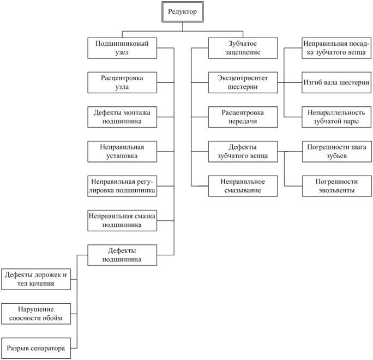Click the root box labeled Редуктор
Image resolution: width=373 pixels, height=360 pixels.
click(x=183, y=12)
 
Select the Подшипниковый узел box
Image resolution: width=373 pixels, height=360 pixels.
click(x=122, y=48)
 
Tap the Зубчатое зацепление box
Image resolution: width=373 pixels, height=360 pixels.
click(x=243, y=48)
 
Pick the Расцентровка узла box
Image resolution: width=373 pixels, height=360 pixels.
click(x=122, y=82)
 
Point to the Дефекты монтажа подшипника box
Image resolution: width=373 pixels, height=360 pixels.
click(x=122, y=117)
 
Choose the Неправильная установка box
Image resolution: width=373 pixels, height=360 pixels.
click(x=122, y=152)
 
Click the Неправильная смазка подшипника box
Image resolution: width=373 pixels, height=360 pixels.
click(x=122, y=220)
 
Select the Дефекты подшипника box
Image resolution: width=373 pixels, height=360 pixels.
click(x=122, y=255)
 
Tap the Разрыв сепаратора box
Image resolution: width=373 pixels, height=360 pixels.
click(x=36, y=348)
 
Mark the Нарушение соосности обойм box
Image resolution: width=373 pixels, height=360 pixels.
click(x=36, y=314)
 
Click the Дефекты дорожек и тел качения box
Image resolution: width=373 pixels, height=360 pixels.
click(x=36, y=279)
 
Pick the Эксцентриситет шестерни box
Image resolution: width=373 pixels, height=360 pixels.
click(x=243, y=82)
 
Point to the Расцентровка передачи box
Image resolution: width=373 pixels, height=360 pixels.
click(x=243, y=117)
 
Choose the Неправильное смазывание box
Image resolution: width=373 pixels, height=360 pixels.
click(x=243, y=186)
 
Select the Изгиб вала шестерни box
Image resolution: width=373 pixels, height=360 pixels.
click(x=336, y=82)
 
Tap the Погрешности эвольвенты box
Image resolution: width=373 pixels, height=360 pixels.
click(x=337, y=186)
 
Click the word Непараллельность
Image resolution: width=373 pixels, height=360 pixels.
click(x=336, y=112)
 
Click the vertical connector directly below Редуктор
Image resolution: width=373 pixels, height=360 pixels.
click(x=183, y=27)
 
